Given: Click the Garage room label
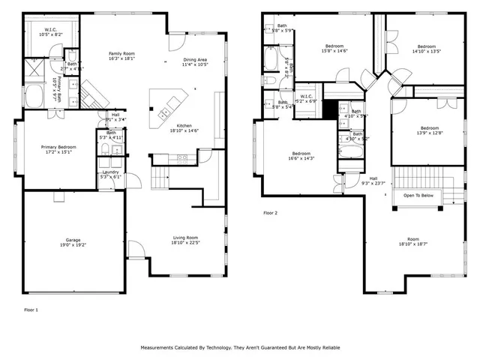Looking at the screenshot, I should click(72, 241).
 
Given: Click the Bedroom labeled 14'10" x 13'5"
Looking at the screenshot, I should click(426, 48).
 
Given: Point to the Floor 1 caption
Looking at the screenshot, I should click(31, 309).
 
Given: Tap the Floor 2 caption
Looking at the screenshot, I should click(270, 214).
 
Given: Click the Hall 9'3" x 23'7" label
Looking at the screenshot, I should click(373, 180).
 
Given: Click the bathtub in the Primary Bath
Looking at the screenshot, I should click(34, 96).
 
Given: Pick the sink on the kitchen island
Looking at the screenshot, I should click(163, 114).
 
